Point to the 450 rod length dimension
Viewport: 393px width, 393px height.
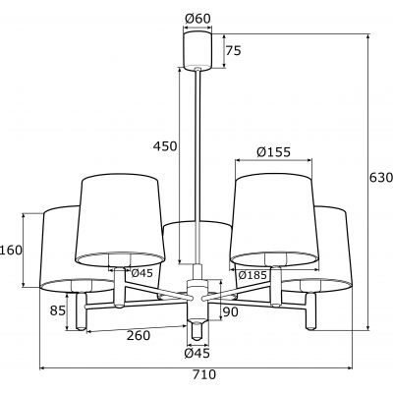pyautogui.click(x=164, y=146)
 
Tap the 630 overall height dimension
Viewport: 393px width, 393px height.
pyautogui.click(x=379, y=179)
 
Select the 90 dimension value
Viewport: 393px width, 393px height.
pyautogui.click(x=231, y=312)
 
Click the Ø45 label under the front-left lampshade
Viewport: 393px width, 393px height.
pyautogui.click(x=141, y=273)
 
